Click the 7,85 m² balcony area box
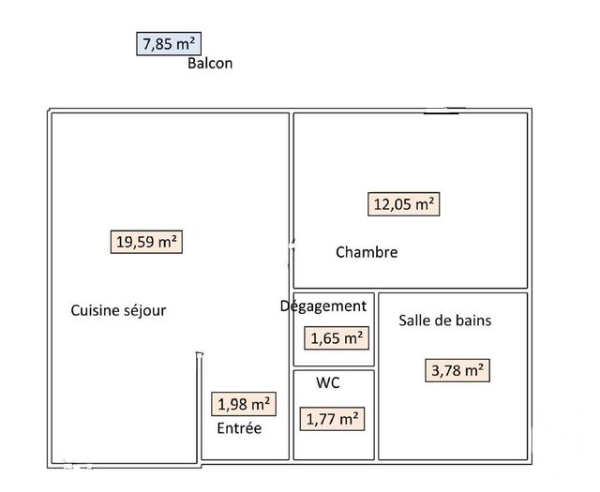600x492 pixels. coord(170,43)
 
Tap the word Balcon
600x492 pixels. coord(210,64)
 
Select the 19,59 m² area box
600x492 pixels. coord(145,241)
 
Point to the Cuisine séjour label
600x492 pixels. coord(118,310)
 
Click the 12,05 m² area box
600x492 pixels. coord(404,203)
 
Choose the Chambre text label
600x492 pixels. coord(367,252)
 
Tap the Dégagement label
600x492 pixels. coord(324,306)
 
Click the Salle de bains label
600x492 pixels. coord(445,321)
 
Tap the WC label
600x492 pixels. coord(328,383)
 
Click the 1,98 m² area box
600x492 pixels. coord(244,404)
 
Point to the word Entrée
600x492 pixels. coord(239,428)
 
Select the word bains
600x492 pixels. coord(472,321)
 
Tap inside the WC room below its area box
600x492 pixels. coord(334,445)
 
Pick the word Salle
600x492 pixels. coord(416,321)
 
